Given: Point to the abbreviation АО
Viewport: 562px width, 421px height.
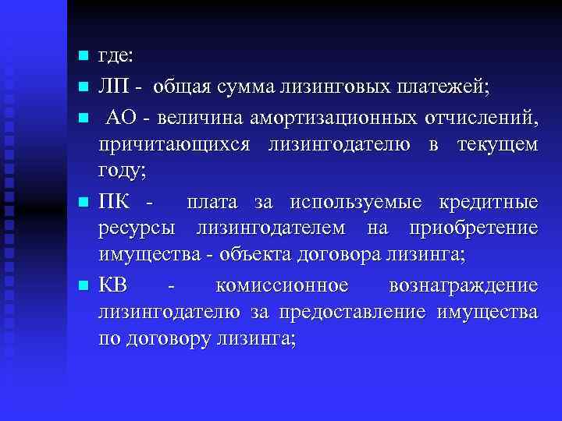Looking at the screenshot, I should pyautogui.click(x=121, y=116).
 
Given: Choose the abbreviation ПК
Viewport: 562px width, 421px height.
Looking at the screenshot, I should pyautogui.click(x=116, y=202).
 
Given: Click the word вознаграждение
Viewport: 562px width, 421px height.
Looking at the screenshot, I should pyautogui.click(x=463, y=285).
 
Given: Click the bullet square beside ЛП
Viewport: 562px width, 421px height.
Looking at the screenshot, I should pyautogui.click(x=82, y=86).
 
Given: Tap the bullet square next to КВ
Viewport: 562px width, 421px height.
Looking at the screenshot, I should pyautogui.click(x=82, y=285).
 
